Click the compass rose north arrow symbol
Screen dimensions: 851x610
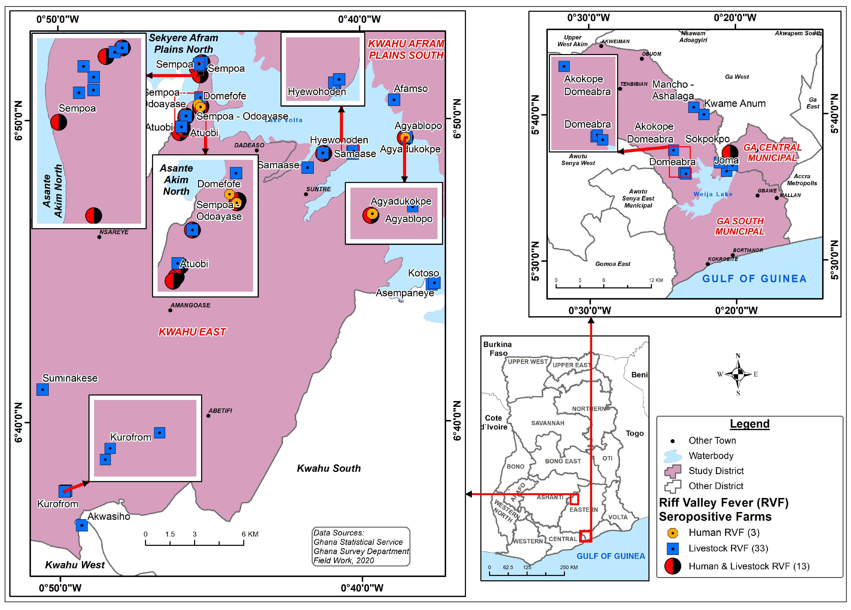[x=738, y=374]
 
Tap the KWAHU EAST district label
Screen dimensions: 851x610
[x=192, y=332]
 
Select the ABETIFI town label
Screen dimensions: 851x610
[x=220, y=411]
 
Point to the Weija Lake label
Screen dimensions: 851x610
[x=713, y=194]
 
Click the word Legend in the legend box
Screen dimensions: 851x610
[x=749, y=424]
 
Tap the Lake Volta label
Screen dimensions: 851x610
[x=283, y=120]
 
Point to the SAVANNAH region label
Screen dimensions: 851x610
[x=547, y=423]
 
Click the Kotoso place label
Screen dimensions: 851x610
[x=423, y=273]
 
